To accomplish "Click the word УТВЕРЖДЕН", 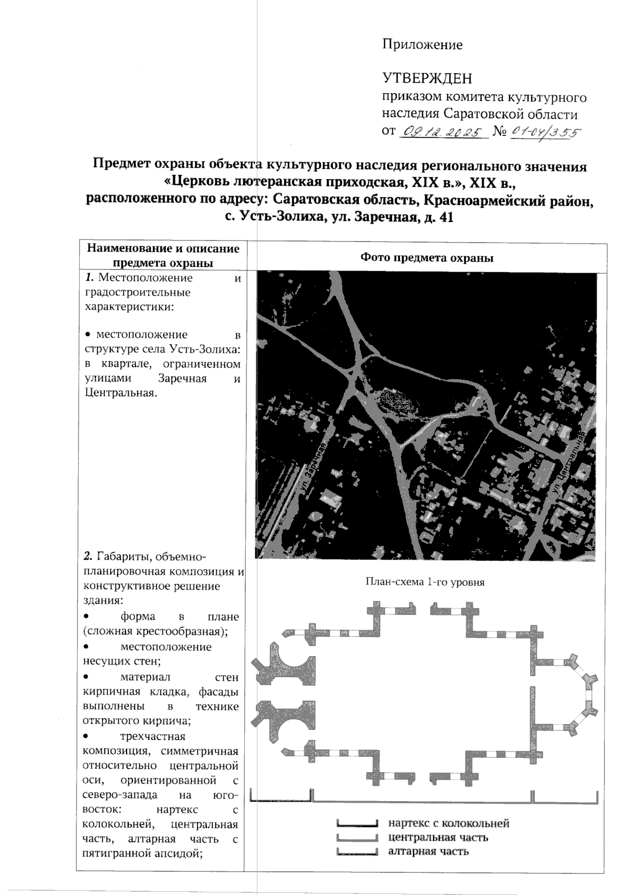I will click(427, 79).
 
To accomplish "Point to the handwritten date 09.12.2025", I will click(444, 132).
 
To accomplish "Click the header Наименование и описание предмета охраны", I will click(163, 255).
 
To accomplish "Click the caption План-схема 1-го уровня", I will click(425, 582).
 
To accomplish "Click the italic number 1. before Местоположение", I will click(90, 277).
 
